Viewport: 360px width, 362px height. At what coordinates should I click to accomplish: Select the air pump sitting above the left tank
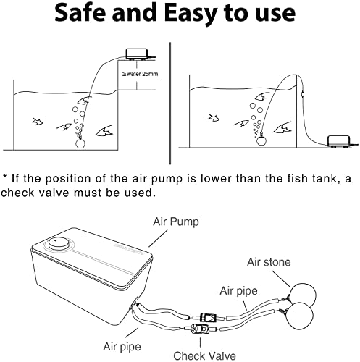click(x=135, y=54)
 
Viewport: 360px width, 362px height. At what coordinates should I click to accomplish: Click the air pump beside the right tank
click(x=338, y=139)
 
